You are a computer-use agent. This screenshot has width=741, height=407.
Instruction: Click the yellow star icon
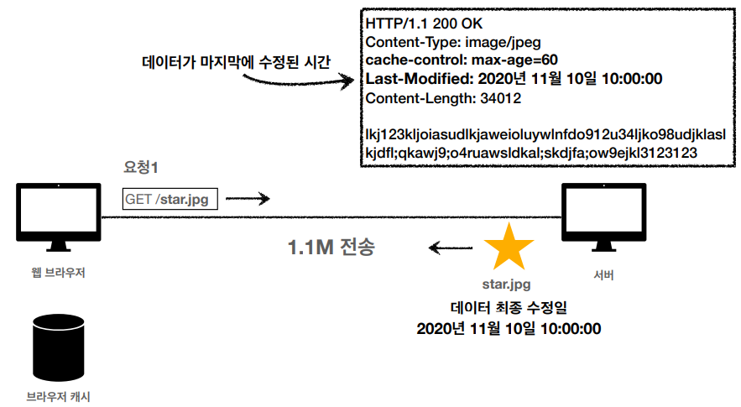point(509,248)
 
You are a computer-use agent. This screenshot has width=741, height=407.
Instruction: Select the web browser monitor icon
point(57,217)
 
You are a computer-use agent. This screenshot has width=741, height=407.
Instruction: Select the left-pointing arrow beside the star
point(445,247)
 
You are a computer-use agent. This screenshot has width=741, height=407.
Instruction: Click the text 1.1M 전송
point(331,248)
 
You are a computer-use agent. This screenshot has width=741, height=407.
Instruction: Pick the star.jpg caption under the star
point(506,284)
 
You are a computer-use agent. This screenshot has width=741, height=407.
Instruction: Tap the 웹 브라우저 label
point(57,273)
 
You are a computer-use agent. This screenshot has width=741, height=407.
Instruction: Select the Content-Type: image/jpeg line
point(441,42)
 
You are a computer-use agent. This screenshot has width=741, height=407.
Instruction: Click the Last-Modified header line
point(514,80)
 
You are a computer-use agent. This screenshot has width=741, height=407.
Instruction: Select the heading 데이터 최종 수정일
point(509,307)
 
